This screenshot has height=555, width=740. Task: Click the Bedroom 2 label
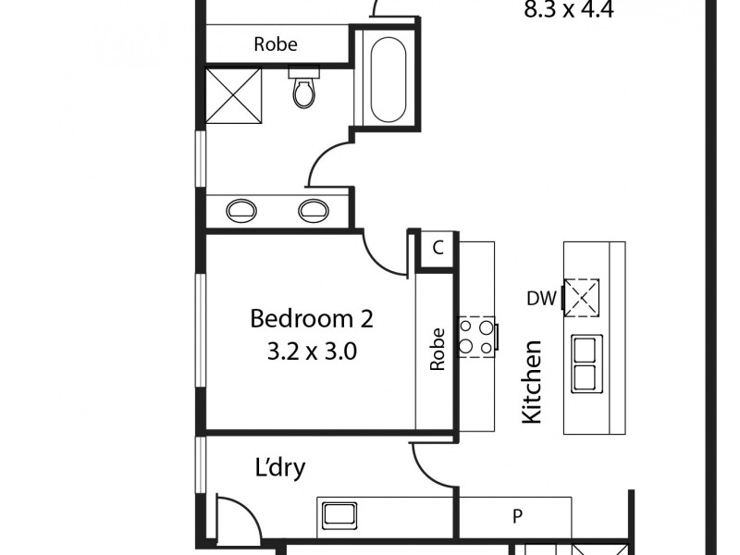(312, 319)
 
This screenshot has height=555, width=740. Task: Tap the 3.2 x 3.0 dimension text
(312, 351)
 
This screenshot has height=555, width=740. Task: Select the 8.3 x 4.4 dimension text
(569, 11)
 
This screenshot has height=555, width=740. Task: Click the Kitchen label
(532, 382)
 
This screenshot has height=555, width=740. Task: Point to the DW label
(540, 298)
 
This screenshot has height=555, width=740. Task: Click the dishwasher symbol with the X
(583, 298)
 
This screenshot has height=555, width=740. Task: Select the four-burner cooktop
(477, 336)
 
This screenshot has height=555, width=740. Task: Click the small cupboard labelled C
(438, 248)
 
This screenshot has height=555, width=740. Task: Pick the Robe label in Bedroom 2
(438, 349)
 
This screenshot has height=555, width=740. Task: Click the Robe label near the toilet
(276, 43)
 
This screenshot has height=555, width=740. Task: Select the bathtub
(388, 79)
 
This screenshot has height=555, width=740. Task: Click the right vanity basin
(314, 210)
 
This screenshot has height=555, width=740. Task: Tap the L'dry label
(279, 467)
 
